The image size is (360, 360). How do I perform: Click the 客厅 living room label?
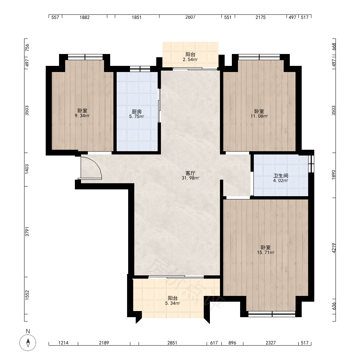(190, 173)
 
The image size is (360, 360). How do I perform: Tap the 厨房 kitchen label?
(136, 112)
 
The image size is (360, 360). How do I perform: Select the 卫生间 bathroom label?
(280, 176)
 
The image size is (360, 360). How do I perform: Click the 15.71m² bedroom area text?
(266, 253)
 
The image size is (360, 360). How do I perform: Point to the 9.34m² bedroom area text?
(82, 116)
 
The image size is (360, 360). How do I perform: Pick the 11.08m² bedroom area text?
(259, 116)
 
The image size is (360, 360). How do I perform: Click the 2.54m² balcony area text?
(190, 60)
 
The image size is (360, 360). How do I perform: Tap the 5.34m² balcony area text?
(173, 303)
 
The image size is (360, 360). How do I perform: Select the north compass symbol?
(28, 343)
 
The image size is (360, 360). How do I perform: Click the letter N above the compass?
(28, 331)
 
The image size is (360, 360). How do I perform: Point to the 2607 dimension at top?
(190, 17)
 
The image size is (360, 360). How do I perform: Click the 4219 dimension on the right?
(334, 248)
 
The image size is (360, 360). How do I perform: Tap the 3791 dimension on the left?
(27, 231)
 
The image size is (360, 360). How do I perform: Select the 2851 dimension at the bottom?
(172, 343)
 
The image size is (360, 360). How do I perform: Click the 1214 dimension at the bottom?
(63, 343)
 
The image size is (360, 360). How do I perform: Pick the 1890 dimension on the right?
(334, 175)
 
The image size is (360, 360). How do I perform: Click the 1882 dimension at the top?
(85, 17)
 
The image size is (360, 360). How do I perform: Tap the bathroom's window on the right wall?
(311, 163)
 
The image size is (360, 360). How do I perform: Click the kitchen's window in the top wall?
(140, 69)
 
